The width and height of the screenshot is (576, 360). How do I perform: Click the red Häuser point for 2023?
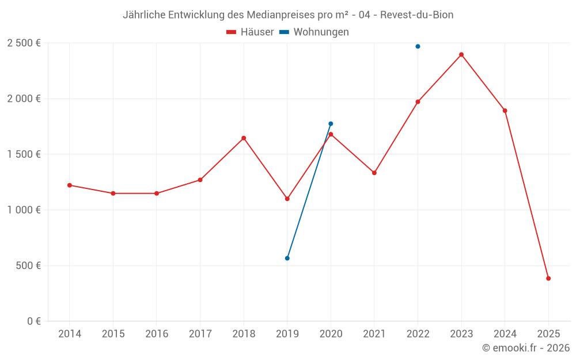click(461, 55)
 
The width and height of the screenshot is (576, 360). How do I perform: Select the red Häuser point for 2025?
click(548, 278)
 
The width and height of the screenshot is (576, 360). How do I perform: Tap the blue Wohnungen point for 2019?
click(287, 258)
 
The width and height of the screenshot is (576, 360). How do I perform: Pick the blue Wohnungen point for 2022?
click(418, 46)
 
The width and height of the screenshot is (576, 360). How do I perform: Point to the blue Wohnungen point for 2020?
click(331, 124)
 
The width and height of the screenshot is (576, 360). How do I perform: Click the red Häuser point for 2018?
click(244, 138)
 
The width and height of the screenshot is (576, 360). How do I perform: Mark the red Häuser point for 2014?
click(70, 185)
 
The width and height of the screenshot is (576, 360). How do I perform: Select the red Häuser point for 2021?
click(374, 173)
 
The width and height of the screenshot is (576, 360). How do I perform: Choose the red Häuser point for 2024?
click(505, 111)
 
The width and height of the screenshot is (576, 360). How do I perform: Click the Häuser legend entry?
click(250, 32)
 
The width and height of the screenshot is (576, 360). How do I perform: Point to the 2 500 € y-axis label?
click(24, 43)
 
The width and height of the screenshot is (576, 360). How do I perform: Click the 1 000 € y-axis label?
click(24, 210)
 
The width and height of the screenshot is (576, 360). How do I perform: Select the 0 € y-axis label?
click(33, 321)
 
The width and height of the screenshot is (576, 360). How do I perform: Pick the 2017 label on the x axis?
click(200, 334)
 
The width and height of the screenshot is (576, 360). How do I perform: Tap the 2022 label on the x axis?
click(418, 334)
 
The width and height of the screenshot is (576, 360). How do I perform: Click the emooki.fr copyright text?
click(526, 348)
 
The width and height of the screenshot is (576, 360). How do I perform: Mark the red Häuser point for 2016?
click(157, 194)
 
